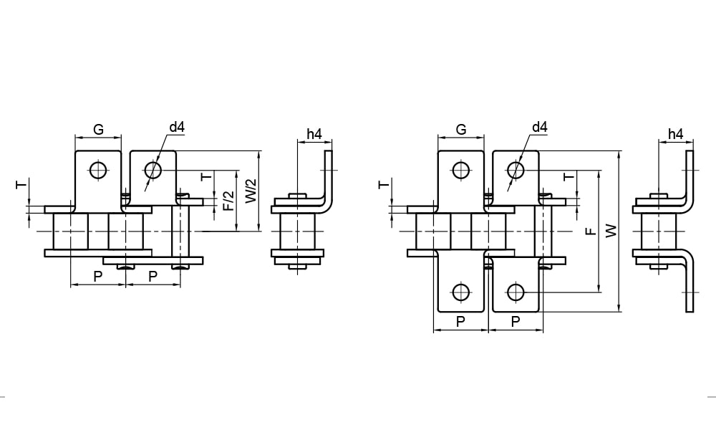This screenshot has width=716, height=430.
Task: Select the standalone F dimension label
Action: pos(591,231)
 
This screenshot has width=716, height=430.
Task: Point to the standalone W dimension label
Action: pos(611,231)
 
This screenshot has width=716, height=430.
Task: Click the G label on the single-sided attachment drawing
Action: pos(99,130)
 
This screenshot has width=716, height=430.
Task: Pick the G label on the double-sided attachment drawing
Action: pos(461,130)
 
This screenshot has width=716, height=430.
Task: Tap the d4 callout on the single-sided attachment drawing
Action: pos(177,128)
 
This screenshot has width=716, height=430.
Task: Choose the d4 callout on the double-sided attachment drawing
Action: pos(539,128)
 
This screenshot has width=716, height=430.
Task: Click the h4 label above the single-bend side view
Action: pos(314,134)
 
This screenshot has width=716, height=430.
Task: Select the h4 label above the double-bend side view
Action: pos(675,134)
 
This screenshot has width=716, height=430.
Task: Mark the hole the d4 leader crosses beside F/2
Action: pos(153,170)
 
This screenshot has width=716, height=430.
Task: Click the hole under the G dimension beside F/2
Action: pos(98,170)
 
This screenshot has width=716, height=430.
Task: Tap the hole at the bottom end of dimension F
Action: pos(515,292)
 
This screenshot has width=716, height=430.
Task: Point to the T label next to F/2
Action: pos(206,176)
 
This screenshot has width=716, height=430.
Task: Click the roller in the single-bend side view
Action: pos(297,231)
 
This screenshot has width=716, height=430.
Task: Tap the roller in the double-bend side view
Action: pos(659,231)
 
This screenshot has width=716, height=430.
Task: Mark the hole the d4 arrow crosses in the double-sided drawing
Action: pos(515,170)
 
